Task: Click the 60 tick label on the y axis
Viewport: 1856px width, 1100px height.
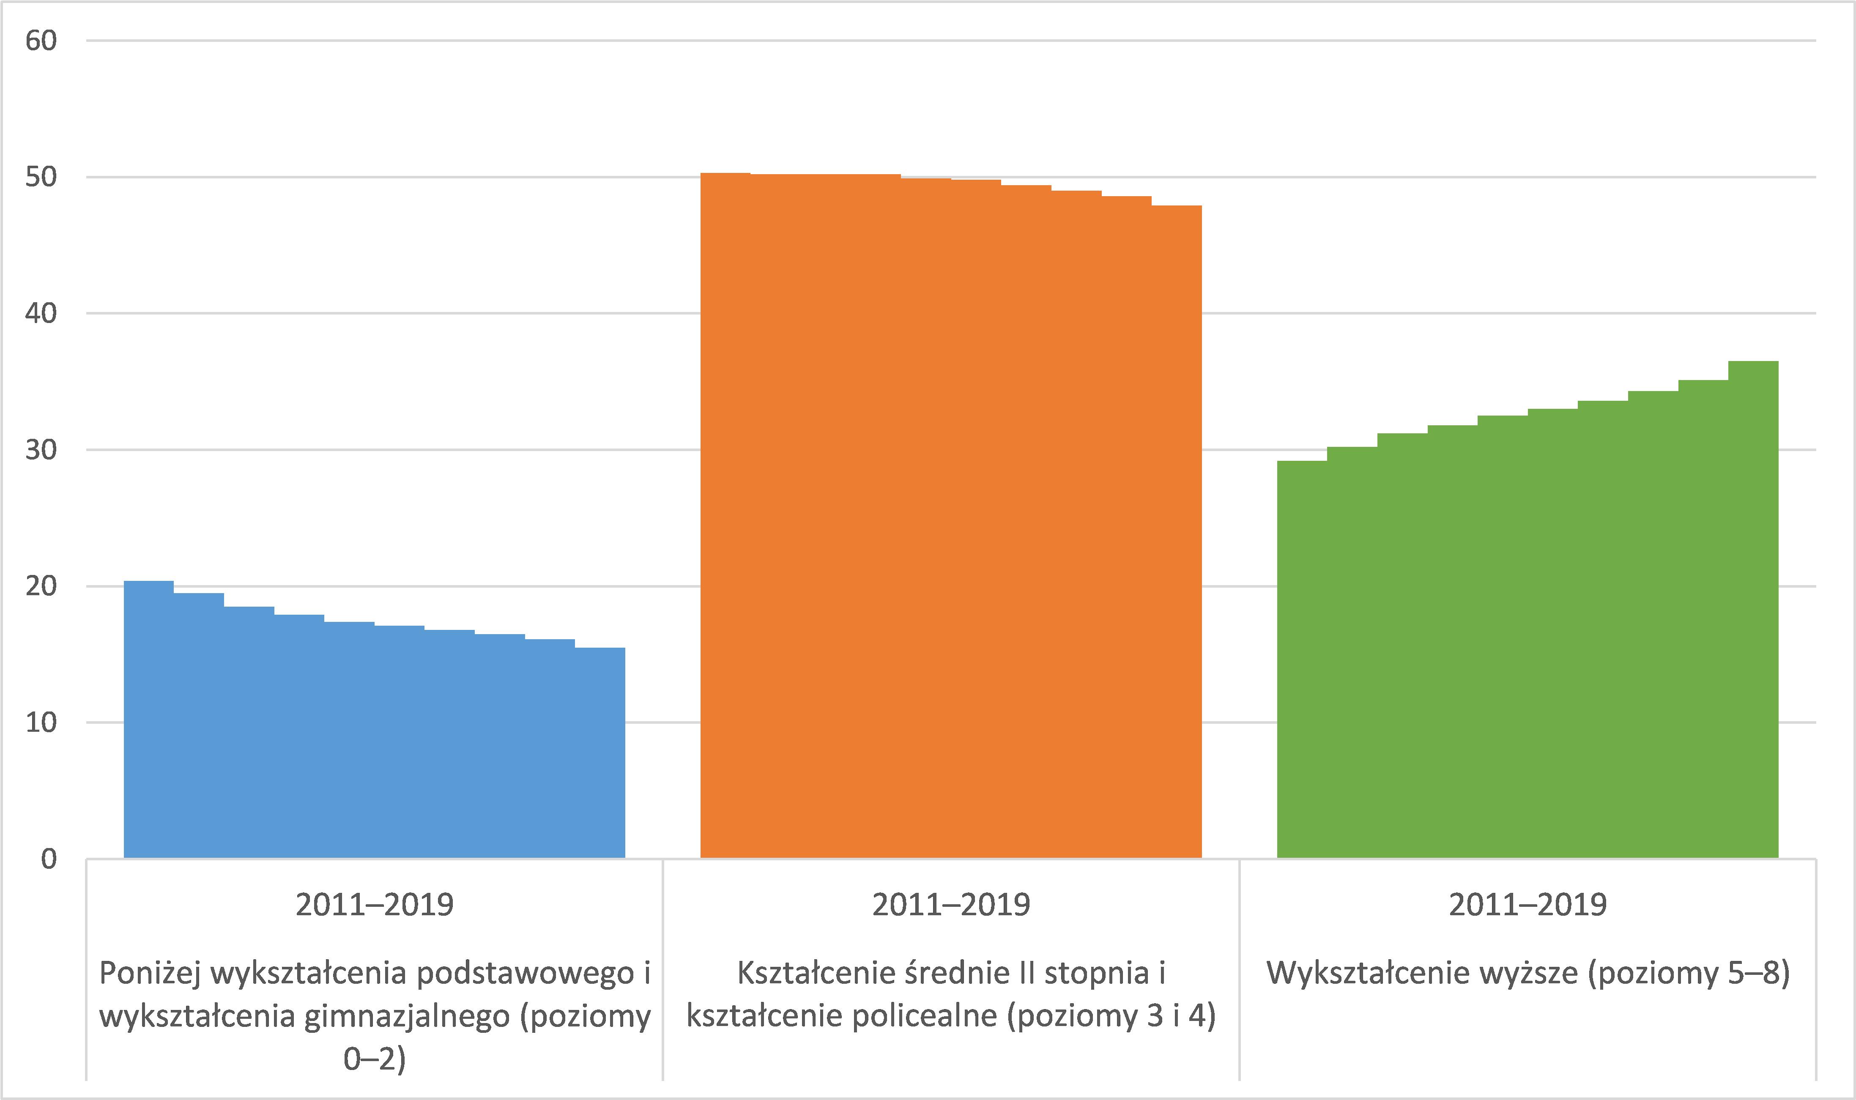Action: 41,41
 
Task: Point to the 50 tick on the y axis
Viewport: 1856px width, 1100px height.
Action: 41,177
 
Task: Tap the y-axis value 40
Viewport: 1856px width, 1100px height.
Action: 41,314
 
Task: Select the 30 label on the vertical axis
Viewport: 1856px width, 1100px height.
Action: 41,450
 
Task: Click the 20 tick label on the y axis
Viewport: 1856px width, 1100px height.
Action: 41,586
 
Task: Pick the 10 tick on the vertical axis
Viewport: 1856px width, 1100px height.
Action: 41,723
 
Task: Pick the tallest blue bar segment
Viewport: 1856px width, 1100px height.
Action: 148,719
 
